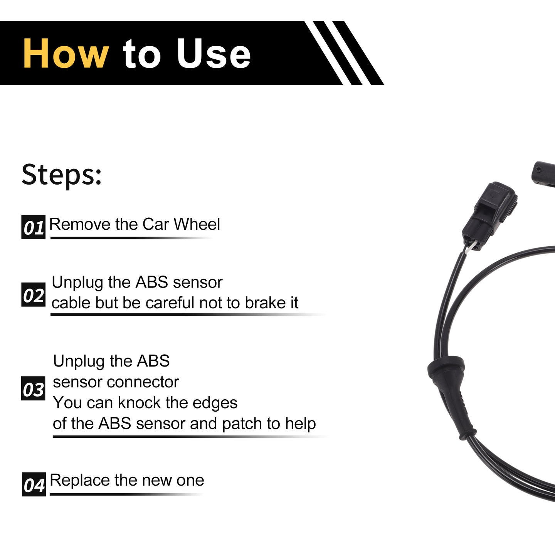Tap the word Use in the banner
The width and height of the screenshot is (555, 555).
(x=214, y=54)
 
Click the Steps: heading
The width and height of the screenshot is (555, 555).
(x=62, y=175)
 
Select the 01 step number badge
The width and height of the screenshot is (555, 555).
(x=34, y=227)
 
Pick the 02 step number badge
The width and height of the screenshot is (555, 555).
(x=34, y=294)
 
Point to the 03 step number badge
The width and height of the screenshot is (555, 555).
(x=33, y=388)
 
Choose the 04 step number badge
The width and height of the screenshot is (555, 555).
(x=34, y=484)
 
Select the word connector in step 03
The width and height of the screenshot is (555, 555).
(x=143, y=382)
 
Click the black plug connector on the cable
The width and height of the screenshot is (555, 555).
(x=489, y=215)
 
